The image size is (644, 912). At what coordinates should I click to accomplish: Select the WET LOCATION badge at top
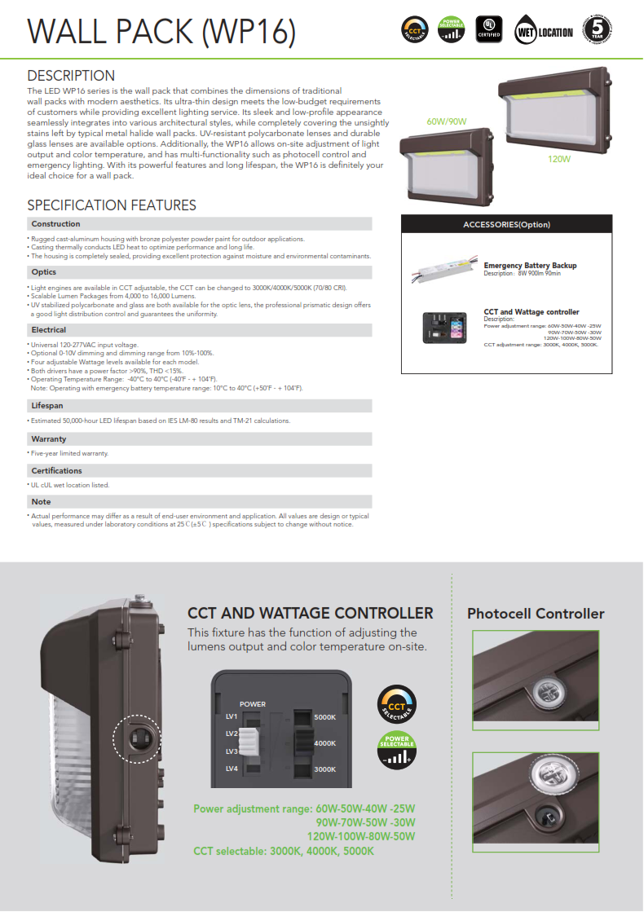pyautogui.click(x=545, y=32)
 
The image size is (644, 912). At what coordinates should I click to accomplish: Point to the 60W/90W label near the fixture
pyautogui.click(x=446, y=121)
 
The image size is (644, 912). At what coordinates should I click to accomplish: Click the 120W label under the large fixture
pyautogui.click(x=558, y=159)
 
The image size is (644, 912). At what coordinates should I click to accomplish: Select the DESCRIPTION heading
pyautogui.click(x=71, y=76)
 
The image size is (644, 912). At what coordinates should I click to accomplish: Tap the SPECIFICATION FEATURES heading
pyautogui.click(x=112, y=205)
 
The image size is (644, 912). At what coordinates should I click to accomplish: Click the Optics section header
pyautogui.click(x=44, y=272)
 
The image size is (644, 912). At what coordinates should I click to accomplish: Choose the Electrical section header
pyautogui.click(x=49, y=330)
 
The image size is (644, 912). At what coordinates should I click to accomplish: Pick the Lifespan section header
pyautogui.click(x=47, y=406)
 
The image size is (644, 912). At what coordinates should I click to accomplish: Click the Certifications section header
pyautogui.click(x=56, y=471)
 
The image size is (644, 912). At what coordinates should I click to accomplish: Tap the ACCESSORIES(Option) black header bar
pyautogui.click(x=506, y=224)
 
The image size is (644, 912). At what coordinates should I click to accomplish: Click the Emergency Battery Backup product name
pyautogui.click(x=530, y=266)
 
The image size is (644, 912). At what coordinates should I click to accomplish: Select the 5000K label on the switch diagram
pyautogui.click(x=325, y=717)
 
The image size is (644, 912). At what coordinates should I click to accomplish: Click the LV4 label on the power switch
pyautogui.click(x=232, y=769)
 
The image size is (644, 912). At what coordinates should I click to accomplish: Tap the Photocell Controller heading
pyautogui.click(x=536, y=614)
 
